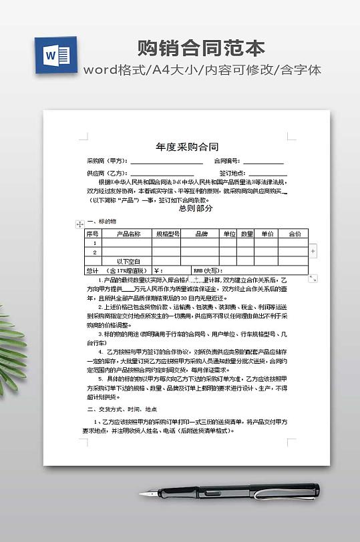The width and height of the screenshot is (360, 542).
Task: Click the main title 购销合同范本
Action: click(201, 48)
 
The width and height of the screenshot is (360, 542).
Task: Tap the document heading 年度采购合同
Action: click(187, 147)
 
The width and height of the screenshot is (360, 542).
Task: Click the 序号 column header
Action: click(92, 234)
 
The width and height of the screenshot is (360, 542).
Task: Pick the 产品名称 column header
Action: click(128, 234)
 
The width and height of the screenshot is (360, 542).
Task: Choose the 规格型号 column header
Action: click(168, 234)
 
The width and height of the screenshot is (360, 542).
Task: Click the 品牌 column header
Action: click(202, 234)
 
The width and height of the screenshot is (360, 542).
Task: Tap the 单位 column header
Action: click(230, 234)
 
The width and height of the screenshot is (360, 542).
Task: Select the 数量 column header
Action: click(246, 234)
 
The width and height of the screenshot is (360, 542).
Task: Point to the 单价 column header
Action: click(267, 234)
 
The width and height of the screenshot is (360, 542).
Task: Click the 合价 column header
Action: click(295, 234)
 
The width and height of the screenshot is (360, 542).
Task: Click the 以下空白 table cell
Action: click(128, 261)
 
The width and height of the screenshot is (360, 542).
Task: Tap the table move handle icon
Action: click(80, 224)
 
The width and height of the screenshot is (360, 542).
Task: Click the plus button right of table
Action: click(313, 250)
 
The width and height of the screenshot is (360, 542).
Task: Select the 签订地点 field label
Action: click(231, 172)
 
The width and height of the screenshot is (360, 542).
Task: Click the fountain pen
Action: click(227, 492)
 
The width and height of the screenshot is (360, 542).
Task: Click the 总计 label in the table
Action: click(92, 270)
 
